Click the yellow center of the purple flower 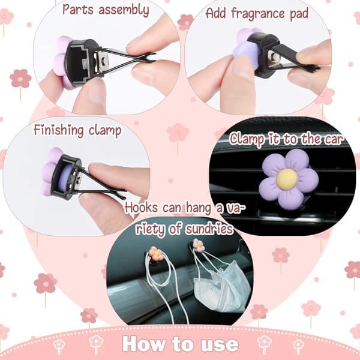287,179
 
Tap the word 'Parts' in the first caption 78,10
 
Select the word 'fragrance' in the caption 258,14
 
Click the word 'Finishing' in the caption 59,131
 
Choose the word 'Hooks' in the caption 141,208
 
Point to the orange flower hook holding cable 157,253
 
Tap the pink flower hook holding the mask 199,245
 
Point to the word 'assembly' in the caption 124,10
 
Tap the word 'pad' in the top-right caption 299,14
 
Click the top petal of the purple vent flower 296,160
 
